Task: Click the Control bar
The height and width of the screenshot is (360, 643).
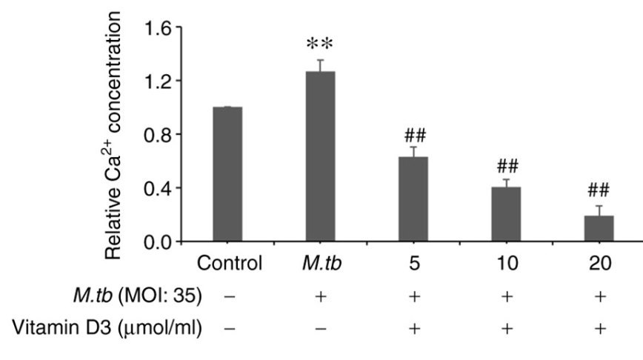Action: click(227, 174)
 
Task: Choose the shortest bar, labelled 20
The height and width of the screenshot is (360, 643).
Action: click(599, 228)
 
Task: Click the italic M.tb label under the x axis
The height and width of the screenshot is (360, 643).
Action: click(320, 264)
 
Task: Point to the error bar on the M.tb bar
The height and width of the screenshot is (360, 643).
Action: click(320, 65)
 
